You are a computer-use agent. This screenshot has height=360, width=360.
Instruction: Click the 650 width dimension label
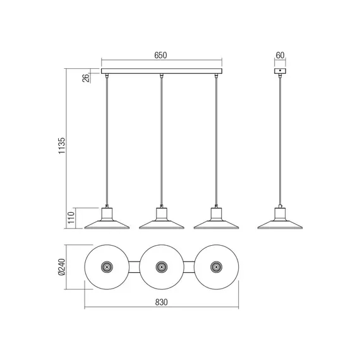tap(160, 56)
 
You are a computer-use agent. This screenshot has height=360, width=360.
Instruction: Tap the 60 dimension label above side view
tap(280, 56)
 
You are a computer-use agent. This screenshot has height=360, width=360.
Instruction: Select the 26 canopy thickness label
tap(86, 78)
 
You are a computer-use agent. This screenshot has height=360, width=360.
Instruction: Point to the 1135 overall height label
tap(61, 146)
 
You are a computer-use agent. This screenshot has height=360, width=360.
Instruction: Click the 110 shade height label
tap(71, 218)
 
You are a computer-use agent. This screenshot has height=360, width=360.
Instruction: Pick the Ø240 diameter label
tap(61, 267)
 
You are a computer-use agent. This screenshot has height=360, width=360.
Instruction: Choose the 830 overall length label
tap(162, 302)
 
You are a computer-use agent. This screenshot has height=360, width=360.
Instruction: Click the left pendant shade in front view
tap(107, 219)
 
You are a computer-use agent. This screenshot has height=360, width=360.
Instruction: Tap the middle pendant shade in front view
tap(162, 219)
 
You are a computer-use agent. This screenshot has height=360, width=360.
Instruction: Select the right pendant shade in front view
tap(216, 219)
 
